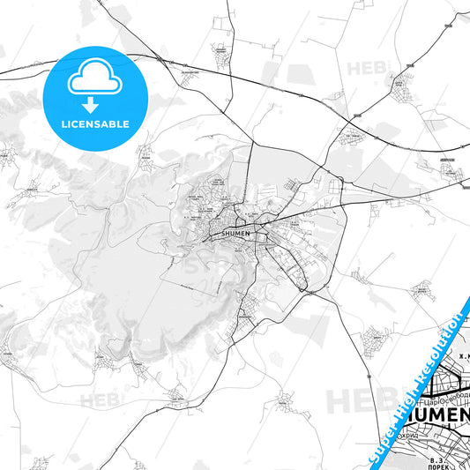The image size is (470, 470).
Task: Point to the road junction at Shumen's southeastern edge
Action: coord(305,289)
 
